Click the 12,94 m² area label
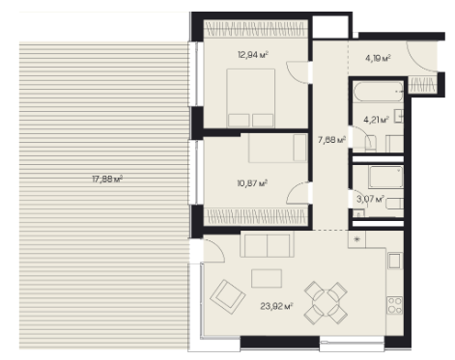253,55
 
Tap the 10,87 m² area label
252,183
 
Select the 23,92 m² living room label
276,306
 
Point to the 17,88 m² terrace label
107,179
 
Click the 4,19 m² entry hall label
378,58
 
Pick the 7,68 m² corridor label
331,140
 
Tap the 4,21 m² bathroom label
376,120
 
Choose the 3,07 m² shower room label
370,199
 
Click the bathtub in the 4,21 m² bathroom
378,92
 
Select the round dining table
326,302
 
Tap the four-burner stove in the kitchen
395,305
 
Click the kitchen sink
395,261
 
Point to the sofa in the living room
267,244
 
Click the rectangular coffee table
267,278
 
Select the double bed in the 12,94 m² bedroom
251,98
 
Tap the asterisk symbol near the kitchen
356,239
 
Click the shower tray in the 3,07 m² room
386,177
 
